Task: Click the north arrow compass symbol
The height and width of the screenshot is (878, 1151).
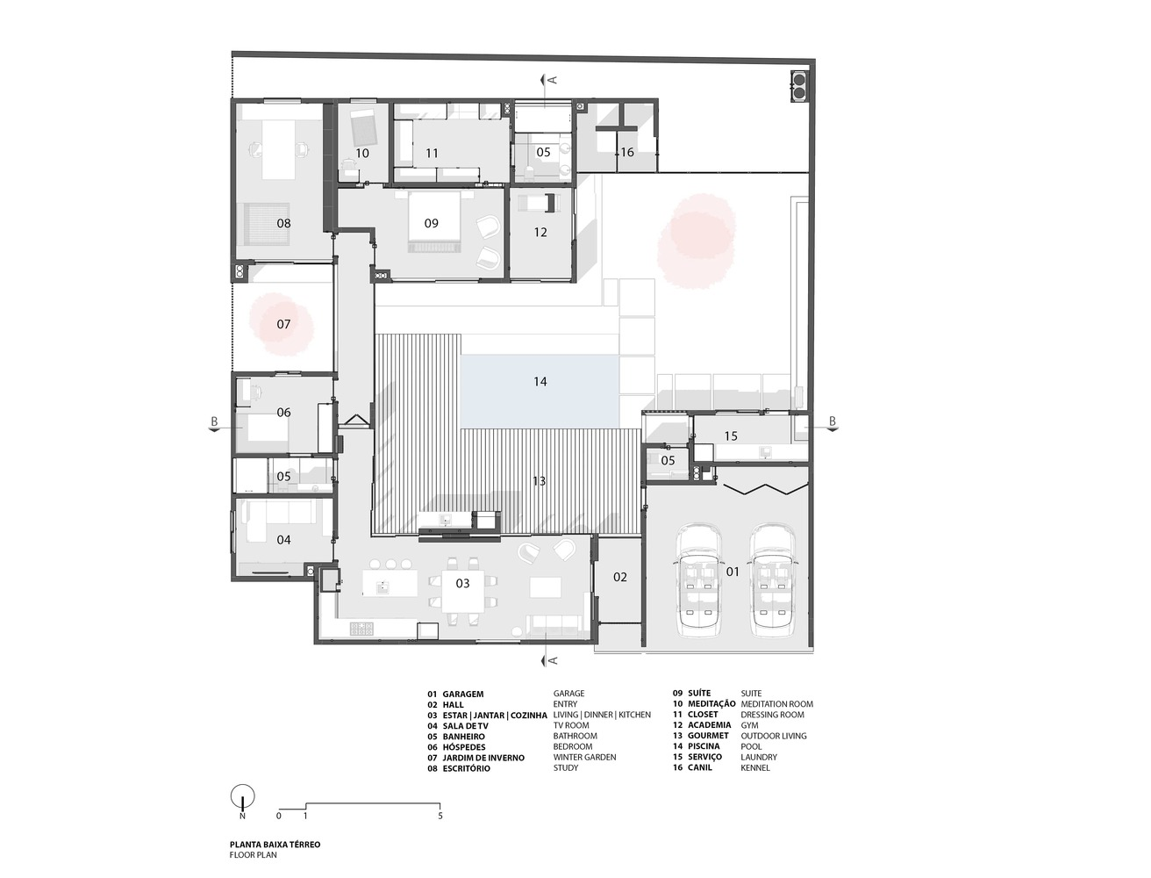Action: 242,796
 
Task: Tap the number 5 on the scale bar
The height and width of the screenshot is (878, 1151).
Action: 440,816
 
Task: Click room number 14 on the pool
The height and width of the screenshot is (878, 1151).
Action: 540,382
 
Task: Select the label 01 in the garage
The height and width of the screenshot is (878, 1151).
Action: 732,572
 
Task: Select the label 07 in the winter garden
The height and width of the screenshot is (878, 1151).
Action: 283,324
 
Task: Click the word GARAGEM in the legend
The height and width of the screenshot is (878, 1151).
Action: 463,694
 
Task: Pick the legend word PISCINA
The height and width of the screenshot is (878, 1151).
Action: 704,745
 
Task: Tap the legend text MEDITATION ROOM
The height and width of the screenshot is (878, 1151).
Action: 776,704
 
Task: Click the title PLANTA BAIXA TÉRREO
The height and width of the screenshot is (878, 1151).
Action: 275,845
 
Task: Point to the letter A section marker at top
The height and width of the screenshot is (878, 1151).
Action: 552,80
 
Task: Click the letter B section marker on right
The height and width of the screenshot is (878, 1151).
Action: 833,421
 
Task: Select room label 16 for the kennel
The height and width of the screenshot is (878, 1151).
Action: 627,152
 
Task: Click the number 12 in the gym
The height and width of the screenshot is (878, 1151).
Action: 540,232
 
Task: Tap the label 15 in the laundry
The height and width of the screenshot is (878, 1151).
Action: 731,435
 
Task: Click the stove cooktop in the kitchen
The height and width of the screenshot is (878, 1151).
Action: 361,628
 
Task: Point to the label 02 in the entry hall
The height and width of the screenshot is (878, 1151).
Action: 620,577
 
